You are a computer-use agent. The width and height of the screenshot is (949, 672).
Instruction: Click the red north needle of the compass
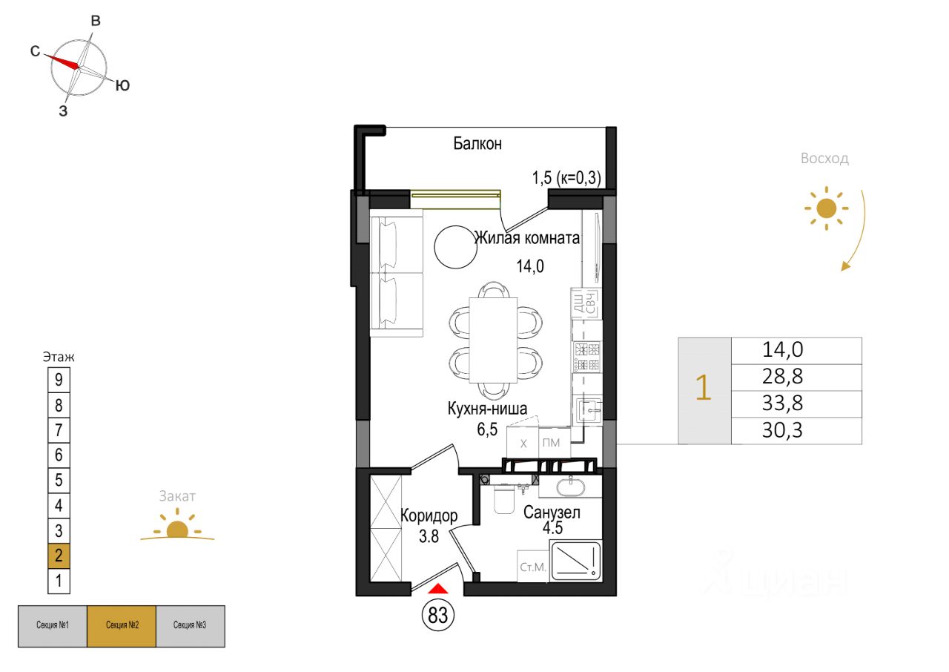[x=62, y=61]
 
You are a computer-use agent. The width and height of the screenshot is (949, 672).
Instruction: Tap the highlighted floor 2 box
[x=59, y=556]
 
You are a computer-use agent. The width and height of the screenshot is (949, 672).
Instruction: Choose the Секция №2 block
[x=121, y=626]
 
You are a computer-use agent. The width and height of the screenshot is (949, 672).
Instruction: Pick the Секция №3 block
[x=190, y=626]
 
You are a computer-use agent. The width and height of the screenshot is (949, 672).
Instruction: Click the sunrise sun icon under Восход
[x=824, y=208]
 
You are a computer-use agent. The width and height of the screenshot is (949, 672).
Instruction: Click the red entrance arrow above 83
[x=439, y=589]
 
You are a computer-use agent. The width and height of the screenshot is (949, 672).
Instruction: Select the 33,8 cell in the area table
[x=796, y=403]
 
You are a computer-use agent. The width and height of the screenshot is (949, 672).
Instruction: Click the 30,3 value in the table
[x=796, y=431]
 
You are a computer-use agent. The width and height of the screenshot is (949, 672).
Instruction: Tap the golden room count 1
[x=704, y=390]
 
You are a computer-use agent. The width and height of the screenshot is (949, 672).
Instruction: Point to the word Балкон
[x=477, y=144]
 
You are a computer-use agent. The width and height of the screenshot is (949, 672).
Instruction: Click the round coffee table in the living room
[x=456, y=247]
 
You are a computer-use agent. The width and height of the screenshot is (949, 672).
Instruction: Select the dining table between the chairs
[x=494, y=340]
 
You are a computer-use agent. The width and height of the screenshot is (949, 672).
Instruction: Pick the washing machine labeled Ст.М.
[x=532, y=567]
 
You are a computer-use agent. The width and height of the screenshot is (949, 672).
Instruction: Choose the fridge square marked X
[x=523, y=444]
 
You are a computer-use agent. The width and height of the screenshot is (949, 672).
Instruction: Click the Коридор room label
[x=429, y=515]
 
